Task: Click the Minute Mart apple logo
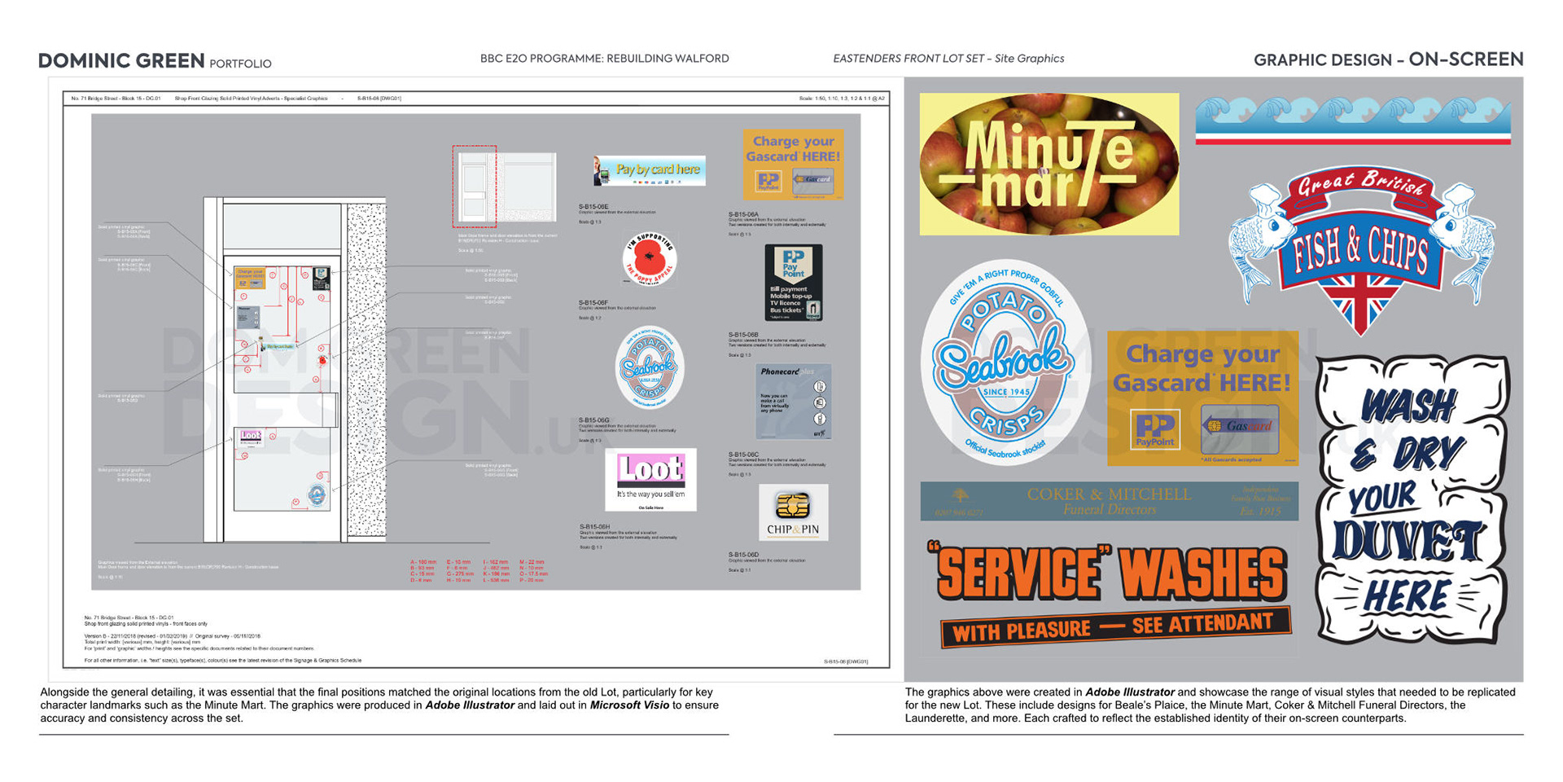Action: pyautogui.click(x=1049, y=164)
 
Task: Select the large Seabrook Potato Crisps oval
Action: pyautogui.click(x=1005, y=363)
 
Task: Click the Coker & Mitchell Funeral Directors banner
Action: pyautogui.click(x=1109, y=501)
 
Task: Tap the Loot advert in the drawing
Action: pyautogui.click(x=650, y=480)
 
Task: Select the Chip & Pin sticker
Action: pyautogui.click(x=793, y=512)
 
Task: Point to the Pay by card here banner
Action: pyautogui.click(x=650, y=170)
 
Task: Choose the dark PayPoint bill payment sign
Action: pyautogui.click(x=793, y=282)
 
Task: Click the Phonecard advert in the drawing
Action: pyautogui.click(x=793, y=401)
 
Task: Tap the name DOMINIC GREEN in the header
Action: pyautogui.click(x=121, y=61)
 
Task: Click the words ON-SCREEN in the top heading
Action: pyautogui.click(x=1465, y=59)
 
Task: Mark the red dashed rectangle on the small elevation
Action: pyautogui.click(x=475, y=187)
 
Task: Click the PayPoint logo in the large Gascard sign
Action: pyautogui.click(x=1154, y=429)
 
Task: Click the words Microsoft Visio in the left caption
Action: pyautogui.click(x=628, y=705)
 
